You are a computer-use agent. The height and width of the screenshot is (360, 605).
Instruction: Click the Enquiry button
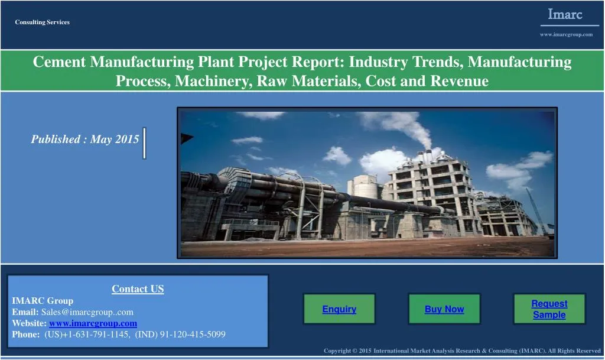[339, 309]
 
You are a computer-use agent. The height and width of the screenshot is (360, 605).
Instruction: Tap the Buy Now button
[444, 309]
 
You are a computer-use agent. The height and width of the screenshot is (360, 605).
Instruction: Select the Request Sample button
[549, 309]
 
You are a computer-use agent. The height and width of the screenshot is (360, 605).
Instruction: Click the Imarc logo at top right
[565, 15]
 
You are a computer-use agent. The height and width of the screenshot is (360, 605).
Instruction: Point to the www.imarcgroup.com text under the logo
[566, 34]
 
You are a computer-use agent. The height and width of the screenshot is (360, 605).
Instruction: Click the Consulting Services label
[43, 22]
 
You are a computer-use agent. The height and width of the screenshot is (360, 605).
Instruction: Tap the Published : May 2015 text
[85, 140]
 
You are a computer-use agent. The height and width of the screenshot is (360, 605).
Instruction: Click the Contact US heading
[138, 289]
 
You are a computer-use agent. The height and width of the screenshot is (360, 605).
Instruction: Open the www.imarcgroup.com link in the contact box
[93, 323]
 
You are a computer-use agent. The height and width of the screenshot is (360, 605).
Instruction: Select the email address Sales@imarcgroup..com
[87, 312]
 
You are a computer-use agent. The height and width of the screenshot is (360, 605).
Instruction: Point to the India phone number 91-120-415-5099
[193, 335]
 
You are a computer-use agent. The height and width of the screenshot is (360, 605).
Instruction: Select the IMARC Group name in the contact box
[43, 300]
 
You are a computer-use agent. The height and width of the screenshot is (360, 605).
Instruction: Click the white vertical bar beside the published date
[144, 144]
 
